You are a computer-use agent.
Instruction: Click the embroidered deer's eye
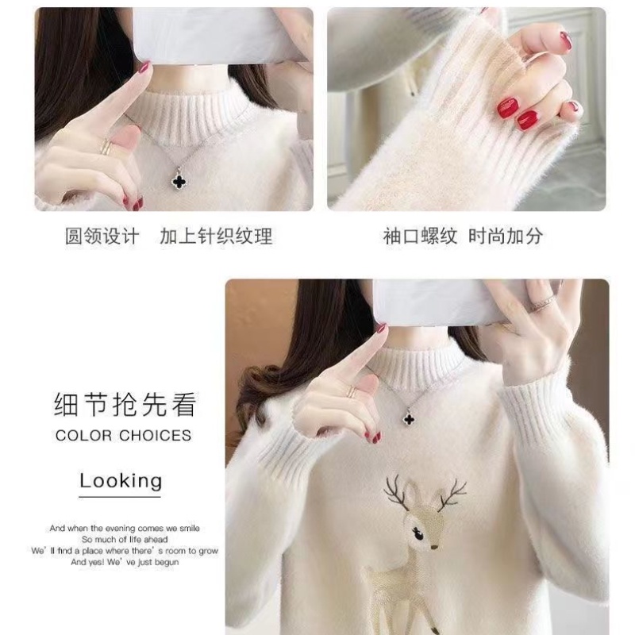tap(418, 534)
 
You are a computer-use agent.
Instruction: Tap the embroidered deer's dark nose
tap(434, 547)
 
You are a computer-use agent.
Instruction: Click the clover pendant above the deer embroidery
tap(410, 418)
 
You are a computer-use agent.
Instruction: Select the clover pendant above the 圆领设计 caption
tap(179, 180)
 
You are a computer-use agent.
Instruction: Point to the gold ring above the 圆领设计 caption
tap(106, 147)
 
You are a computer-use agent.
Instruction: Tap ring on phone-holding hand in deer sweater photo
tap(544, 302)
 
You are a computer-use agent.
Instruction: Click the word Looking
tap(121, 481)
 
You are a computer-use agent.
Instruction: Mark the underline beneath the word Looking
tap(120, 496)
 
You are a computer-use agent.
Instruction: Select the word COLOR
tap(83, 435)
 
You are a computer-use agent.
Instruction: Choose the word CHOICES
tap(155, 435)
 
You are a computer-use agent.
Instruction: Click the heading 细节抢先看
tap(125, 404)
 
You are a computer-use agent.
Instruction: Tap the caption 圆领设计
tap(102, 236)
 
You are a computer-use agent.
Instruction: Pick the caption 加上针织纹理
tap(216, 236)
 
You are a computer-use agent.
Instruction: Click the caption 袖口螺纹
tap(420, 236)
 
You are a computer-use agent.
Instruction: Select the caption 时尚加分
tap(506, 236)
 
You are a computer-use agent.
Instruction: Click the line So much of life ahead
tap(125, 540)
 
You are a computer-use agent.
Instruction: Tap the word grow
tap(209, 551)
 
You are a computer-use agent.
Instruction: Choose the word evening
tap(120, 529)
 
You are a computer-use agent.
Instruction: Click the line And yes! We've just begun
tap(125, 562)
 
